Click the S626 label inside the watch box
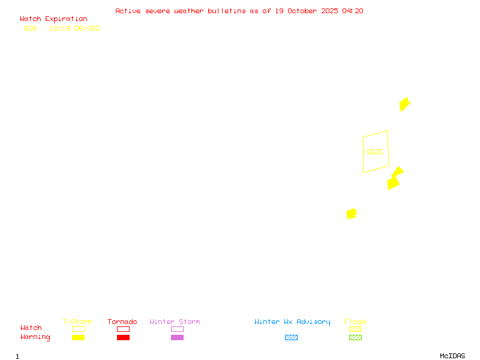pos(374,152)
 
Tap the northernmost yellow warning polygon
pos(404,104)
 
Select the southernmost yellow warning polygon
pos(352,214)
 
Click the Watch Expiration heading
pos(53,19)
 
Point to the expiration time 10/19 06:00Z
pos(74,28)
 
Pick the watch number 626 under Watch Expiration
pos(31,28)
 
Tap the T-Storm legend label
pos(77,322)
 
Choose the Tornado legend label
pos(122,322)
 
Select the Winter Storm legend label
pos(175,322)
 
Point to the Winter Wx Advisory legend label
pos(292,322)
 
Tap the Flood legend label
pos(355,322)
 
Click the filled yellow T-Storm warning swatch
pos(78,338)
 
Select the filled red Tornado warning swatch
pos(123,338)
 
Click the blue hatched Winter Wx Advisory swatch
pos(291,338)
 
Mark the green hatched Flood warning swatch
pos(355,338)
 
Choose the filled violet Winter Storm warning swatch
pos(177,338)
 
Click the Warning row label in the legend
pos(35,337)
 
